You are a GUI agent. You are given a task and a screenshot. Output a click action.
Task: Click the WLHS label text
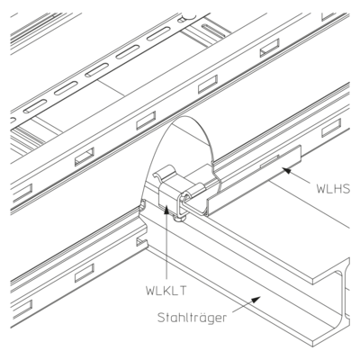coord(333,188)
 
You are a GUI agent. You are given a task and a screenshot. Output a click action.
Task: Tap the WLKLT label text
coord(166,291)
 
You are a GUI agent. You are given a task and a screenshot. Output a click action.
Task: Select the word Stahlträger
coord(192,318)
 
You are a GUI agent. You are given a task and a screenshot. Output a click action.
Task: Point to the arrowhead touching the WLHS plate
coord(287,171)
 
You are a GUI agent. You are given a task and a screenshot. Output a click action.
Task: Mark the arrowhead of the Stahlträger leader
coord(256,299)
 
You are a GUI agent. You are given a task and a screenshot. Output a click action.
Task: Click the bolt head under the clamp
coord(179,220)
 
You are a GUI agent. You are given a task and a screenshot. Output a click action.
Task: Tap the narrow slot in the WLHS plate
coord(270,161)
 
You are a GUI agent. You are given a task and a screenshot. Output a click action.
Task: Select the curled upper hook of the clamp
coord(164,173)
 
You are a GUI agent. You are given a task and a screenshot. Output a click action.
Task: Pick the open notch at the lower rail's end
coord(141,242)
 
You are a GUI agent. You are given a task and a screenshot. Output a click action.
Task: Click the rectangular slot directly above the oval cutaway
coord(146,121)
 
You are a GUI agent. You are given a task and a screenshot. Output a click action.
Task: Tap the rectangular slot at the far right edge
coord(331,128)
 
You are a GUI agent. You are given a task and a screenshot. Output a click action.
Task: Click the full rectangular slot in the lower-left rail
coord(85,273)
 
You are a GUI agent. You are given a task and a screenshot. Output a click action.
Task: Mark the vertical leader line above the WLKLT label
coord(166,245)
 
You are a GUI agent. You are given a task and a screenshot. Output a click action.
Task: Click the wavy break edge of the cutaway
coord(215,177)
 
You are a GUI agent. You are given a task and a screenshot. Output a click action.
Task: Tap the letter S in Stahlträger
coord(161,318)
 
